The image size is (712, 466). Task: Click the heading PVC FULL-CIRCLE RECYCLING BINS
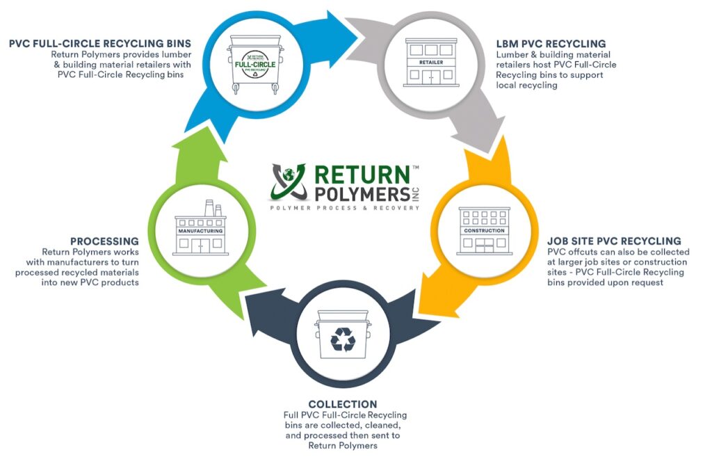coord(100,44)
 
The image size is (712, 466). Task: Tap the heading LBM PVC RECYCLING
coord(551,44)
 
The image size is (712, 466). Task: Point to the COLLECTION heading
coord(343,404)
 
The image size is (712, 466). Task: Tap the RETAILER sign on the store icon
coord(431,62)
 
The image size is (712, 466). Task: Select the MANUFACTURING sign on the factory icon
coord(200,230)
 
